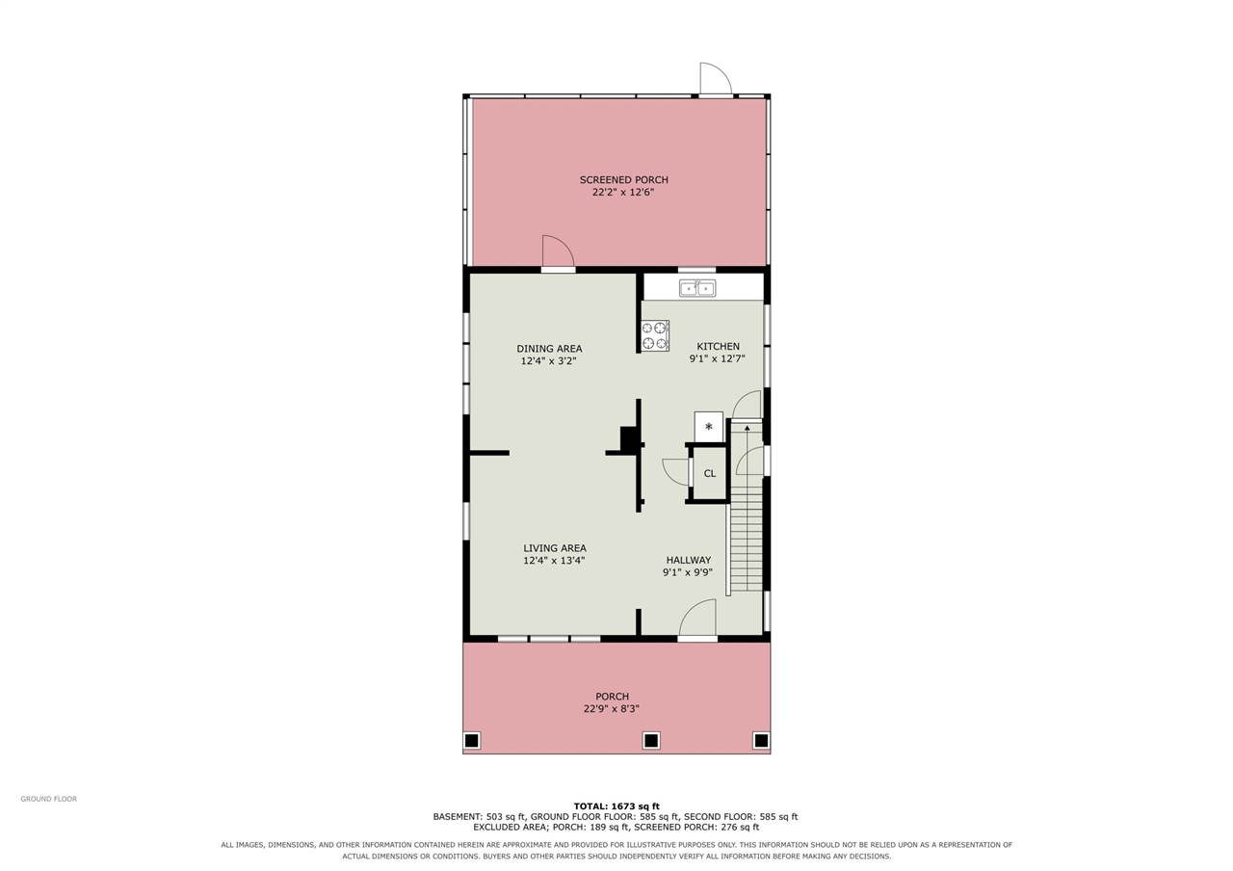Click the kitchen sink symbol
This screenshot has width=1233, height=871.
(x=697, y=288)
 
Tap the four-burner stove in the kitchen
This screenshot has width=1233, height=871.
(x=655, y=335)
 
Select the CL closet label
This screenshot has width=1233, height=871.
(x=710, y=473)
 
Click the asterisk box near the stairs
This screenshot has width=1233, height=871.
(x=708, y=427)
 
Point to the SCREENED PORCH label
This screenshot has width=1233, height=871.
(x=623, y=180)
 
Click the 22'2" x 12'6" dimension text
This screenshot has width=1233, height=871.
(x=623, y=192)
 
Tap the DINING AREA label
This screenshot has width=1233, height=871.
(x=549, y=349)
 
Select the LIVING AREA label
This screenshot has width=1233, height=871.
(x=555, y=548)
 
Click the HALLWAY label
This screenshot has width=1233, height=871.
(x=689, y=560)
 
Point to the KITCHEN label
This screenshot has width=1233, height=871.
(x=719, y=346)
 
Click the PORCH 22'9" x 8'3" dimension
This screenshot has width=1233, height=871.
(x=612, y=708)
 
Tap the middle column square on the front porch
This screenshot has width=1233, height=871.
(x=651, y=741)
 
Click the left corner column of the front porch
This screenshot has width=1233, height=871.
(x=472, y=741)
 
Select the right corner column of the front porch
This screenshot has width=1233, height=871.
(x=761, y=741)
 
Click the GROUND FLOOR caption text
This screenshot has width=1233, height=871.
(x=49, y=799)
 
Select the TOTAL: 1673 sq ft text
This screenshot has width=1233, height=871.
(x=616, y=806)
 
